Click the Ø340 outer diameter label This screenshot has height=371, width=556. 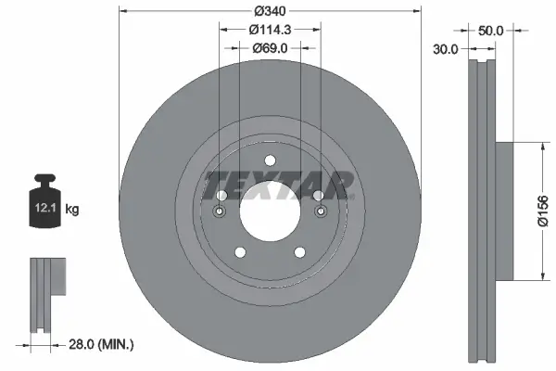pyautogui.click(x=270, y=10)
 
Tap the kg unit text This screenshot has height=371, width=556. pyautogui.click(x=72, y=211)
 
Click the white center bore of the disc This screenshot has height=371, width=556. pyautogui.click(x=270, y=211)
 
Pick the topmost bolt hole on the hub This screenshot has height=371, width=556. pyautogui.click(x=270, y=160)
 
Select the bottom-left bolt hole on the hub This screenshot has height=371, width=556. pyautogui.click(x=239, y=252)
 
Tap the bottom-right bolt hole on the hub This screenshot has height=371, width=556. pyautogui.click(x=300, y=252)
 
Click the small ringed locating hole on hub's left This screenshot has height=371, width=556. pyautogui.click(x=220, y=212)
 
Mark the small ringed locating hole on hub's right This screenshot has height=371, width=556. pyautogui.click(x=321, y=212)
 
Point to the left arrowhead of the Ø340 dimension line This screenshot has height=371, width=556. pyautogui.click(x=125, y=10)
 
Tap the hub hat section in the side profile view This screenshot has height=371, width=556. pyautogui.click(x=505, y=211)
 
